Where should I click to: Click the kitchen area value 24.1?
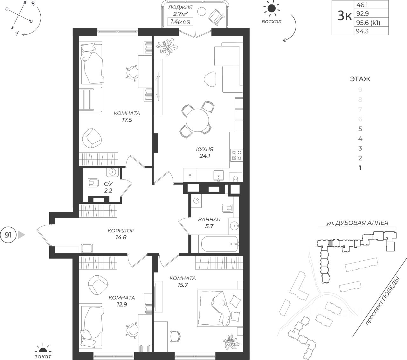point(205,156)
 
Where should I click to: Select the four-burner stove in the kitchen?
point(237,155)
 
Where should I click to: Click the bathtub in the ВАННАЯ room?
point(219,244)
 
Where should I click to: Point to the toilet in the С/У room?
point(93,183)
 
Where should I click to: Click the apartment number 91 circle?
point(8,235)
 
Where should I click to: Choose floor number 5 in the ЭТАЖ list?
point(360,129)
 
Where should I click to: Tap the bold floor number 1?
point(360,168)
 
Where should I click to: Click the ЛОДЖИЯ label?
point(180,7)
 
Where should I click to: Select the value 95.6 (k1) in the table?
point(368,23)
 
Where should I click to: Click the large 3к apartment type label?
point(345,16)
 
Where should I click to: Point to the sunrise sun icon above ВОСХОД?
point(272,9)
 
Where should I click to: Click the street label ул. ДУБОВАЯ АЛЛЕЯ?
point(357,223)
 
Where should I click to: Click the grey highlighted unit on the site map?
point(330,244)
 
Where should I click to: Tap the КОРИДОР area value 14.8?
point(121,237)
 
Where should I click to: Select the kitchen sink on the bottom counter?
point(218,176)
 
